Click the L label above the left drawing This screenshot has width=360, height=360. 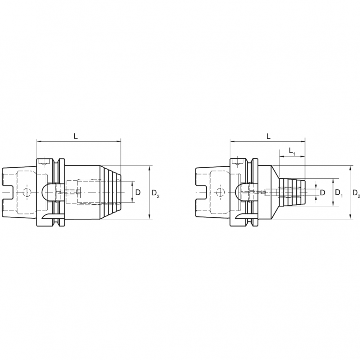pyautogui.click(x=76, y=136)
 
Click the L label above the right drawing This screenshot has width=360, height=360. pyautogui.click(x=268, y=136)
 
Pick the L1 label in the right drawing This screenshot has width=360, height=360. pyautogui.click(x=292, y=151)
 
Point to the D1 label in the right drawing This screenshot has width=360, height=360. pyautogui.click(x=339, y=193)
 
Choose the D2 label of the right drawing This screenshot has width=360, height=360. pyautogui.click(x=356, y=193)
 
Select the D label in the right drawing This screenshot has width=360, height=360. pyautogui.click(x=323, y=193)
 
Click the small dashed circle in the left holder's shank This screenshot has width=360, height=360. pyautogui.click(x=27, y=193)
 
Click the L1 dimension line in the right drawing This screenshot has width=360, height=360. pyautogui.click(x=292, y=157)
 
